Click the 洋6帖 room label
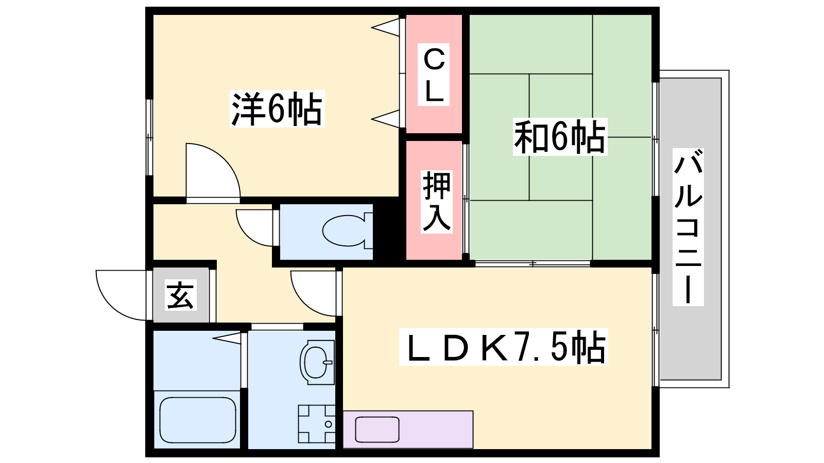(x=277, y=109)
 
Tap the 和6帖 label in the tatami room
(x=560, y=137)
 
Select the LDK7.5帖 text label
(x=503, y=347)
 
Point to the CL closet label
(x=434, y=75)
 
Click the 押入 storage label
(x=437, y=202)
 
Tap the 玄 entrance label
(x=180, y=295)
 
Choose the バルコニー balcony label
(x=688, y=227)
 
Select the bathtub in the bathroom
(x=198, y=420)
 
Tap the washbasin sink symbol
(x=317, y=362)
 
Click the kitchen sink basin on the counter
(x=377, y=430)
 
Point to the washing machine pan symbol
(x=317, y=424)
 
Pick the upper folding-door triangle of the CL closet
(x=386, y=28)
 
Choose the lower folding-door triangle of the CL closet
(x=386, y=119)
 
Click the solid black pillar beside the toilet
(x=389, y=232)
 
